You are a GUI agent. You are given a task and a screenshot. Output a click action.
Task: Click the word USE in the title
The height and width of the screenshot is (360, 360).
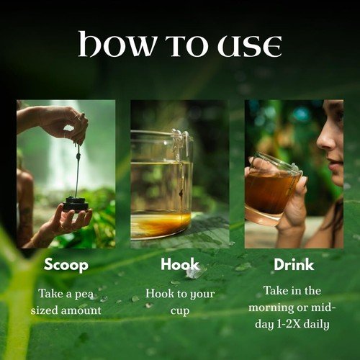[x=250, y=46]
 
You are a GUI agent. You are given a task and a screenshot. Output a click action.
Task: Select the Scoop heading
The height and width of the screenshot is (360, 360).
[x=66, y=265]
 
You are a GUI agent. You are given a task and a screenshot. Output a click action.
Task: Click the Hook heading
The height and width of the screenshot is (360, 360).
[x=180, y=264]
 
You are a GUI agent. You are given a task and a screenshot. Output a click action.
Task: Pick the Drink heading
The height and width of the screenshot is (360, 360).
[x=294, y=264]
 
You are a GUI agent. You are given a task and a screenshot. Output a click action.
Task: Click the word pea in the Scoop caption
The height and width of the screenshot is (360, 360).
[x=84, y=294]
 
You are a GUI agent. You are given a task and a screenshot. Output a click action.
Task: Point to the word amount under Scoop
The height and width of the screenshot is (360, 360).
[x=81, y=310]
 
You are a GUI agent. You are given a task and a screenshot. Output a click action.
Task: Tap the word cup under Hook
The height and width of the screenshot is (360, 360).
[x=180, y=311]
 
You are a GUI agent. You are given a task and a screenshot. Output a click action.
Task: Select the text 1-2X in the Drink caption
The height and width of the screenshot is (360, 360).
[x=289, y=324]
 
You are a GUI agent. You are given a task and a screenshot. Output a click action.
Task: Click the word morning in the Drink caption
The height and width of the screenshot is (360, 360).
[x=271, y=307]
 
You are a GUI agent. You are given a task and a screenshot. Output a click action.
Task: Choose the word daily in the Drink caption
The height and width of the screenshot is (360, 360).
[x=316, y=325]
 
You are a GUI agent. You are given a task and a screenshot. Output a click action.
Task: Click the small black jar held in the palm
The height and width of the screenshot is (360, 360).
[x=76, y=204]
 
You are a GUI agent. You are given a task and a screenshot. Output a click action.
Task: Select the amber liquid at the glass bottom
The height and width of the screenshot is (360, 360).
[x=161, y=225]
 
